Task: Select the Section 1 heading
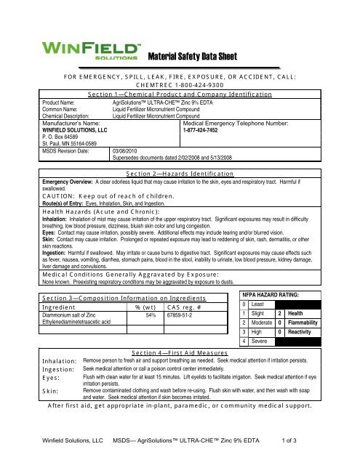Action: click(180, 94)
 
